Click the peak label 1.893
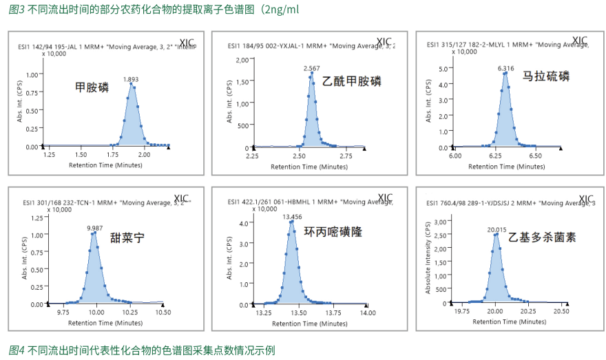[131, 79]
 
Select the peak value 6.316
[506, 68]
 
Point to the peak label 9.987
[95, 227]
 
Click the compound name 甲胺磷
[92, 87]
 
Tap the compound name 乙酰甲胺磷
[352, 81]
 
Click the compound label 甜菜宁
[127, 238]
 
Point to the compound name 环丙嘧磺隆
[333, 232]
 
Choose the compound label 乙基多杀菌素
[543, 237]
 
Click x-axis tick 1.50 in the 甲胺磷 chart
[81, 156]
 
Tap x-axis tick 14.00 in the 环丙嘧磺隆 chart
[368, 313]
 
